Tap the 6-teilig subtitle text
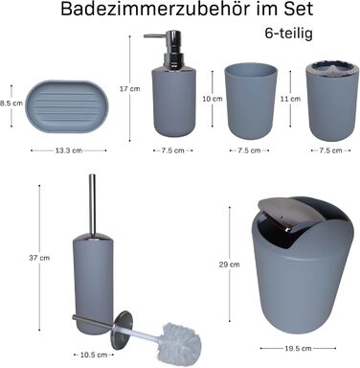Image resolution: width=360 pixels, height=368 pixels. click(288, 34)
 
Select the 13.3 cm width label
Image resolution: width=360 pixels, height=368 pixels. click(69, 150)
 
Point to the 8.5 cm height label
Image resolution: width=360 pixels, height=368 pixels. click(11, 103)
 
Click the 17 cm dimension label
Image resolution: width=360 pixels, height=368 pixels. click(130, 89)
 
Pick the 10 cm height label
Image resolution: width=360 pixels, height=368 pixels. click(213, 99)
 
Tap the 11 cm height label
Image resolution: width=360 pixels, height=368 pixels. click(290, 99)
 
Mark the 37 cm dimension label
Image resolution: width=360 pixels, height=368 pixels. click(39, 258)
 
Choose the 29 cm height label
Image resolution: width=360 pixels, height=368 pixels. click(230, 264)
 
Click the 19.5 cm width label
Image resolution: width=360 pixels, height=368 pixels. click(298, 349)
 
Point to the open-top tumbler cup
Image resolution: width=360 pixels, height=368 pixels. click(251, 101)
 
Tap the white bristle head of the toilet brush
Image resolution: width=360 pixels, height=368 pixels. click(181, 342)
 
